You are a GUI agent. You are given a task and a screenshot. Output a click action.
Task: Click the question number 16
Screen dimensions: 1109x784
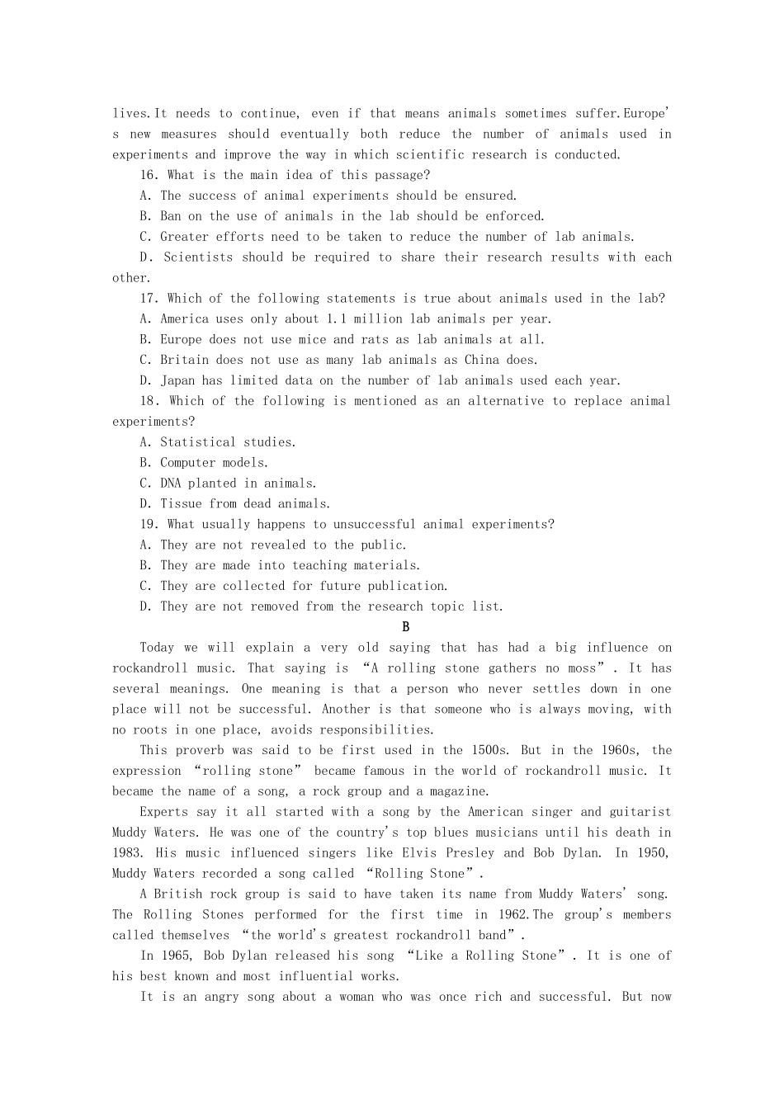pos(149,175)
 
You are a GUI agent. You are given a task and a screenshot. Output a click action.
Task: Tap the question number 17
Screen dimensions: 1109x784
pos(149,299)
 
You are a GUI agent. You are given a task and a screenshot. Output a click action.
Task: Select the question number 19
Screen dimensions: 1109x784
pos(149,525)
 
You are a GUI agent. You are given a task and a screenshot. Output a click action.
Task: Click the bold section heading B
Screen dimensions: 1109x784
pos(405,627)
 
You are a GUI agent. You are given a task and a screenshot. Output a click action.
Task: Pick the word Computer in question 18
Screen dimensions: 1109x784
pos(187,463)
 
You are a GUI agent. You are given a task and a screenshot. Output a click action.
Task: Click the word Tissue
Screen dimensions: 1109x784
pos(181,504)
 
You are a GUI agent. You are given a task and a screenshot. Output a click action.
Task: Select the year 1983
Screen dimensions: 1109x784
pos(126,853)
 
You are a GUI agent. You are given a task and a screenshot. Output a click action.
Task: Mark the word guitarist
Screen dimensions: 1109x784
pos(640,812)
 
